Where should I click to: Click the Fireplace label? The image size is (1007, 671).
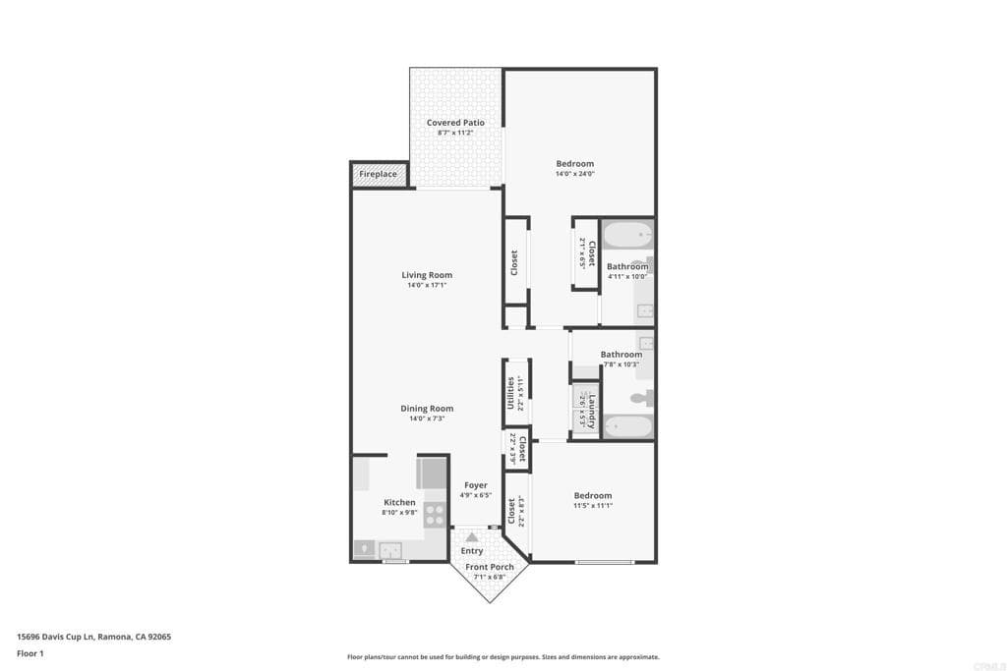click(378, 174)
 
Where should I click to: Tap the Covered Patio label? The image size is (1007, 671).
click(455, 123)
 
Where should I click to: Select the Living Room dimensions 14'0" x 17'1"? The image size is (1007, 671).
click(427, 286)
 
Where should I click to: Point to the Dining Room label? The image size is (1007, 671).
click(427, 409)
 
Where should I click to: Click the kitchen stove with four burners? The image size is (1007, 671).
click(434, 514)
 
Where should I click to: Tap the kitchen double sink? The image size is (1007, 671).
click(389, 549)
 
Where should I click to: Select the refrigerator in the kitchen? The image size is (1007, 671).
click(432, 474)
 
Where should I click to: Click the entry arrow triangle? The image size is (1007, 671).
click(472, 537)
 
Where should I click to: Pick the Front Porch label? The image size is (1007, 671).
click(490, 567)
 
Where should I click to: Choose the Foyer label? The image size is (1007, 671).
click(476, 485)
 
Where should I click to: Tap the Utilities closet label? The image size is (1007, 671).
click(510, 393)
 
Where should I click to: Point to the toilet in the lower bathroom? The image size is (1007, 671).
click(640, 398)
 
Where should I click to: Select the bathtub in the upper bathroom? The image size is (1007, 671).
click(627, 236)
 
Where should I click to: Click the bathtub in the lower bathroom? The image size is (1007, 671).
click(627, 426)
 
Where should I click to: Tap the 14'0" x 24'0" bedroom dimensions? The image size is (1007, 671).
click(574, 174)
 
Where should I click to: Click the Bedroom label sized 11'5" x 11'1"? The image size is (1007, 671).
click(592, 495)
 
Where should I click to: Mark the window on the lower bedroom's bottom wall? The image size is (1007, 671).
click(605, 562)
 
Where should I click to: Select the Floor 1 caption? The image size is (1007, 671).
click(30, 653)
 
